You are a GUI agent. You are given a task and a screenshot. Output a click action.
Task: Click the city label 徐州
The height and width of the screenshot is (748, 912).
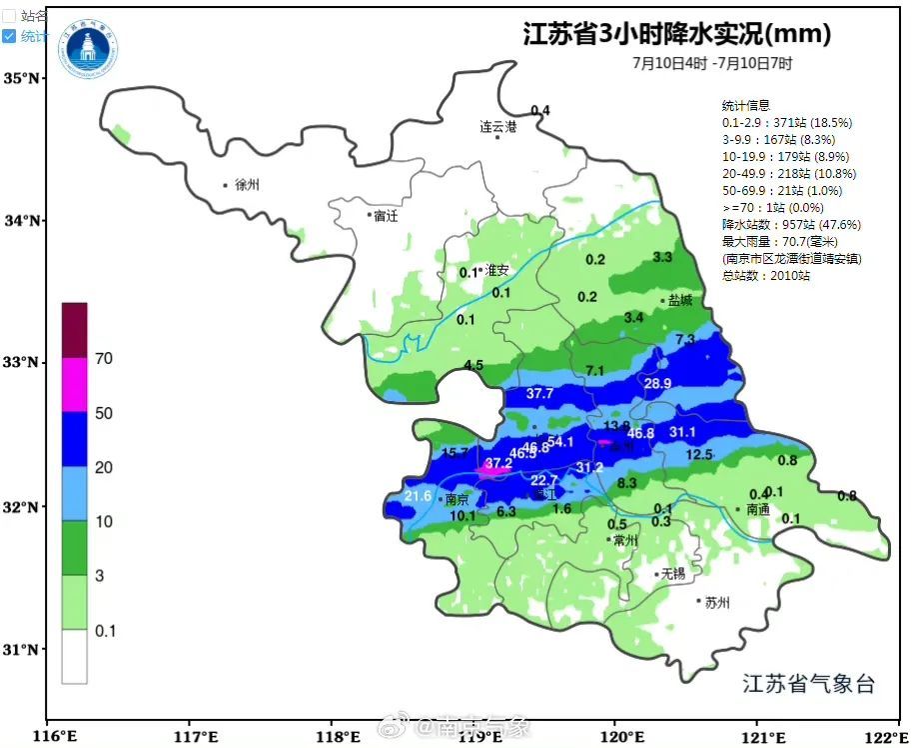tap(246, 185)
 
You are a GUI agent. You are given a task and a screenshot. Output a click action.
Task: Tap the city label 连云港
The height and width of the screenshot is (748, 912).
tap(497, 127)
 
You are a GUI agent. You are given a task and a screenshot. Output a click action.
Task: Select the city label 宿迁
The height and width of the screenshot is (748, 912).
tap(386, 215)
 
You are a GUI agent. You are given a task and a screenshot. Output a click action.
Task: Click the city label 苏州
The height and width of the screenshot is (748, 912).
tap(717, 602)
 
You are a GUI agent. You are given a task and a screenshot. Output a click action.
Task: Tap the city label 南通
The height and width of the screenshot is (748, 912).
tap(758, 509)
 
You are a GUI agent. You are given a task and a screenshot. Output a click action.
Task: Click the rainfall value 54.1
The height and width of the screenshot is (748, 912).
tap(559, 442)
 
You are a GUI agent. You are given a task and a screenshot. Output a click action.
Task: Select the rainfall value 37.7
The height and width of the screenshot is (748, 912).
tap(539, 394)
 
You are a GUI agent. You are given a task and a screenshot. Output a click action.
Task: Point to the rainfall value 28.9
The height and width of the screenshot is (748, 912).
tap(657, 384)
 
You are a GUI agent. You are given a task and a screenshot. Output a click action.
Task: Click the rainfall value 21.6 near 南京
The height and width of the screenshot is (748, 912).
tap(418, 496)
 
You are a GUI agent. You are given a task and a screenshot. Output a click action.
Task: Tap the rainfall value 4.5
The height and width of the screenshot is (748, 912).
tap(473, 366)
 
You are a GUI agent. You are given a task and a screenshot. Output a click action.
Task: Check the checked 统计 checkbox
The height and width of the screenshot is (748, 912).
tap(9, 36)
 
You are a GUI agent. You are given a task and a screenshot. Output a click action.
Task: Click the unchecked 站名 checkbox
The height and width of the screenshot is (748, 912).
tap(9, 15)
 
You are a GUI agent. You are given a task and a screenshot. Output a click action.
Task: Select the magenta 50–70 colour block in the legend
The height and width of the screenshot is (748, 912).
tap(75, 385)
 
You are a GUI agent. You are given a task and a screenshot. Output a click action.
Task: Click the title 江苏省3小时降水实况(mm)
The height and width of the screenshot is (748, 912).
tap(677, 35)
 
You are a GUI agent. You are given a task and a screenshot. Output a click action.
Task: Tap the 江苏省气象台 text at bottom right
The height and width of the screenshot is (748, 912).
tap(808, 684)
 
